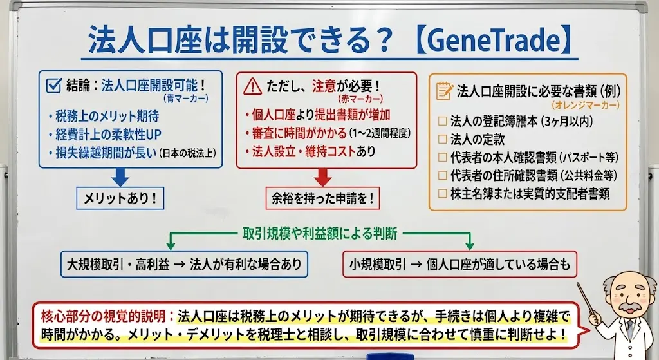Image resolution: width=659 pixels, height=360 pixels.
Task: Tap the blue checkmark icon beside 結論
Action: click(54, 84)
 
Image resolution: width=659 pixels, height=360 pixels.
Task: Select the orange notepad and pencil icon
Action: click(444, 90)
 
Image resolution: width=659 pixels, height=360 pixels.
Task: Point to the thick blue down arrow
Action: click(121, 177)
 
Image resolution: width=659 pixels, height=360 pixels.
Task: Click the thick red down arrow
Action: click(322, 177)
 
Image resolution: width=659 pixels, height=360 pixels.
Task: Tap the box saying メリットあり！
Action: click(120, 198)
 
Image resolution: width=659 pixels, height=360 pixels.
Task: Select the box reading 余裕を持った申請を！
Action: click(322, 198)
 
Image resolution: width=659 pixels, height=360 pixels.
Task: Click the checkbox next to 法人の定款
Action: click(441, 138)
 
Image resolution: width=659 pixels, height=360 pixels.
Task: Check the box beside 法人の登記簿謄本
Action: click(441, 120)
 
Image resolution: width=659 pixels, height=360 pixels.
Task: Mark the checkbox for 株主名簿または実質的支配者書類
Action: click(441, 193)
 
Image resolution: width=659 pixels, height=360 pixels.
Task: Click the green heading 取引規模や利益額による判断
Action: click(320, 232)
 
